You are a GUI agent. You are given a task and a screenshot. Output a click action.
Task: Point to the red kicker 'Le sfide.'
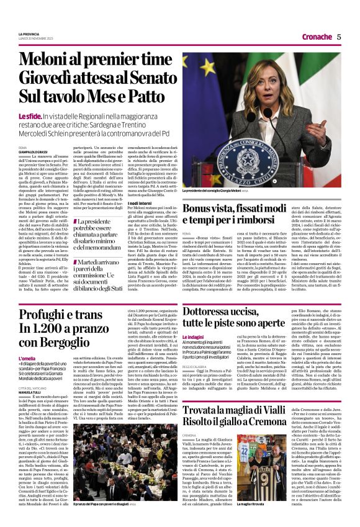tap(30, 116)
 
